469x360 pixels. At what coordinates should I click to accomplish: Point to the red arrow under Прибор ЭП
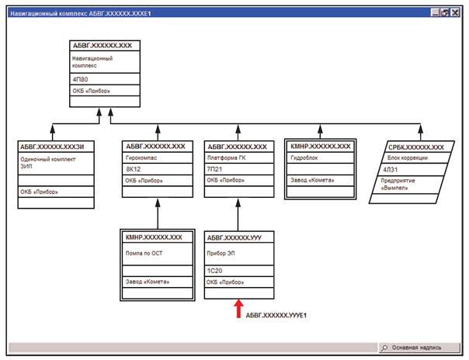pyautogui.click(x=238, y=310)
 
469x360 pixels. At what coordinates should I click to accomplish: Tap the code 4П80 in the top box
pyautogui.click(x=80, y=78)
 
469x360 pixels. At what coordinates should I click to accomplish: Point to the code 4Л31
pyautogui.click(x=390, y=169)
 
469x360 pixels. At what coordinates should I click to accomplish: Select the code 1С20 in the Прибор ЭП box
pyautogui.click(x=215, y=270)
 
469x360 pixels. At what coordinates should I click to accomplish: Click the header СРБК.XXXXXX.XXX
pyautogui.click(x=416, y=147)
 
